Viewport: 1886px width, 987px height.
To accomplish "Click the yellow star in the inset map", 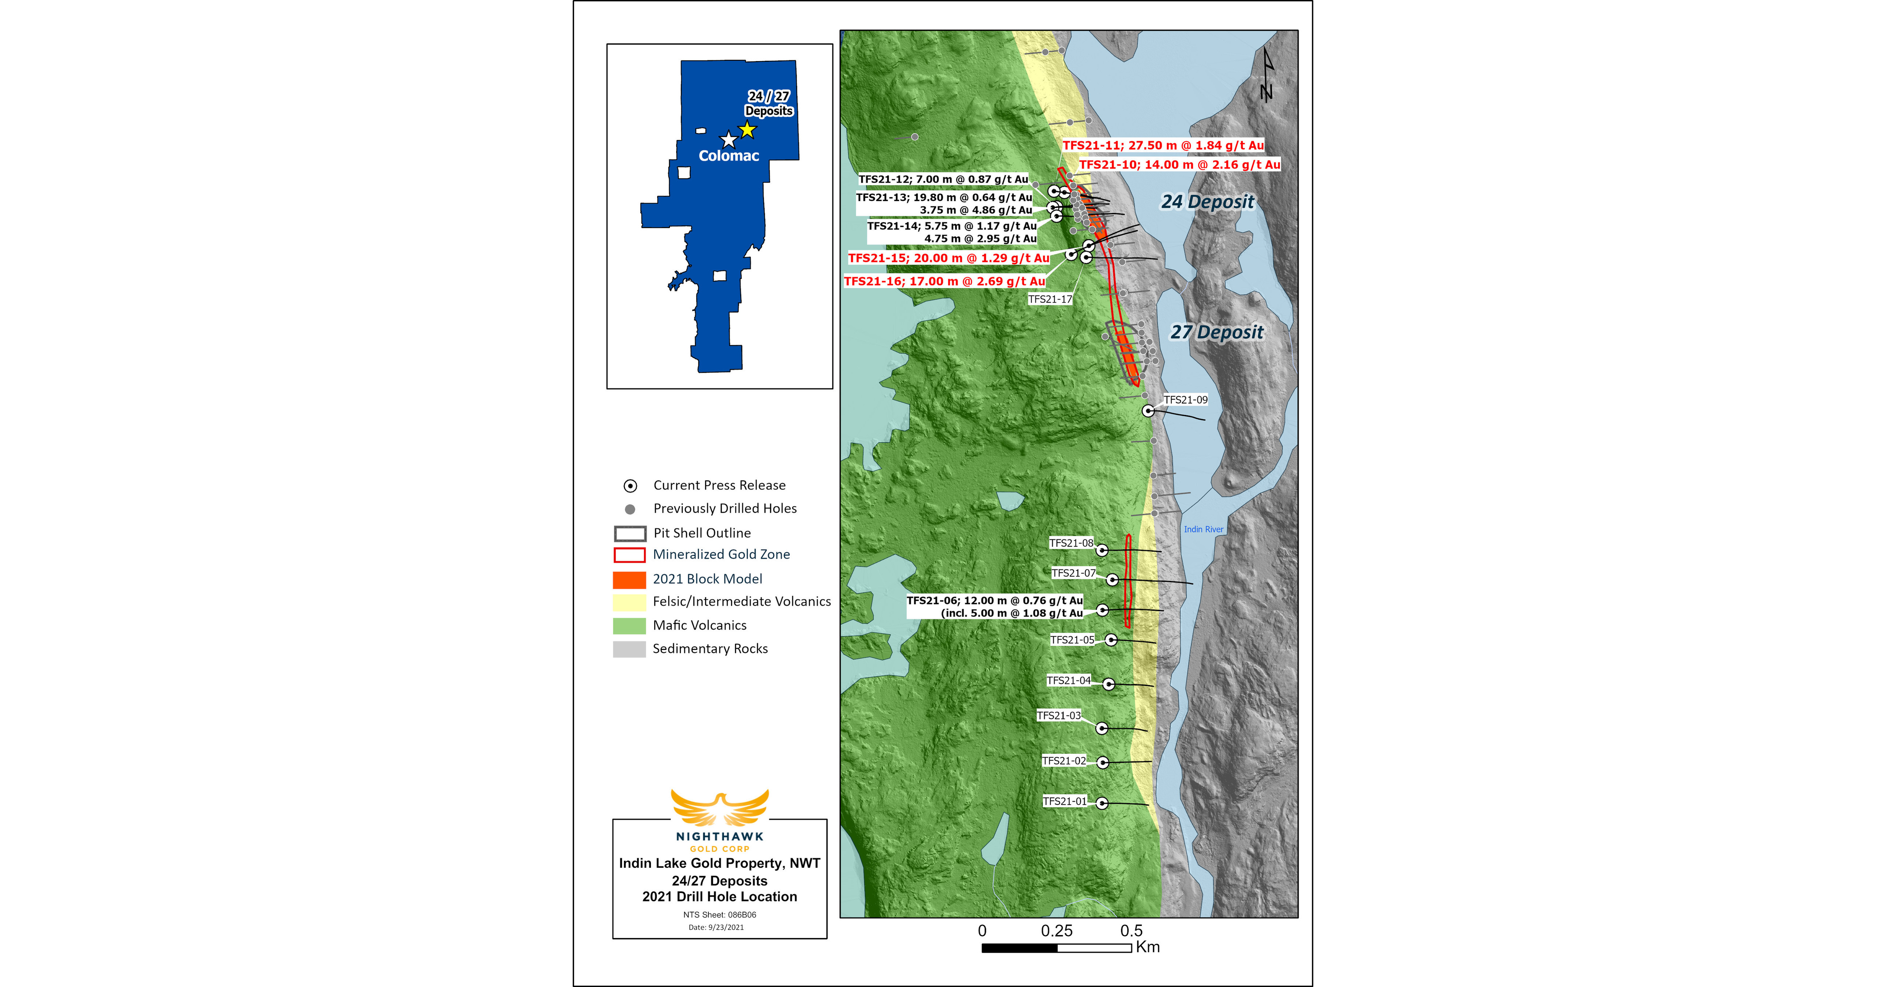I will (x=747, y=130).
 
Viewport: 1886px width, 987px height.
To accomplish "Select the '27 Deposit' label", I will (x=1217, y=332).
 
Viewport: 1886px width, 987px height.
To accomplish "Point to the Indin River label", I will (x=1204, y=530).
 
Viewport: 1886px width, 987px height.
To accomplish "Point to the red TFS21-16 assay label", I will (x=945, y=281).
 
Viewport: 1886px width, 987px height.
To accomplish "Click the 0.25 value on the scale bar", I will (x=1057, y=931).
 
